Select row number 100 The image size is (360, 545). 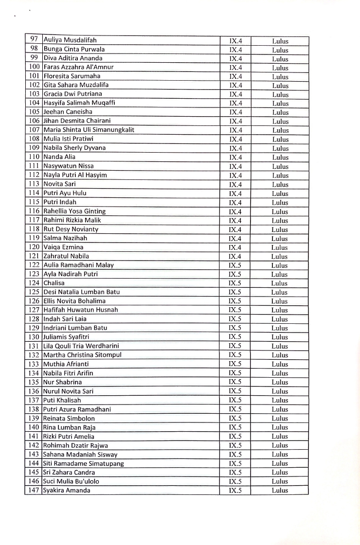(34, 67)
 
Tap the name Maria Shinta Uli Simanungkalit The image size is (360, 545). (89, 130)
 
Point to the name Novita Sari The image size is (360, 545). (59, 184)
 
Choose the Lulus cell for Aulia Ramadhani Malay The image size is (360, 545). (280, 265)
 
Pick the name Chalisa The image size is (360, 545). (54, 283)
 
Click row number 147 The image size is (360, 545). (34, 490)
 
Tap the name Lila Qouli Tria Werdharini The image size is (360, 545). (81, 346)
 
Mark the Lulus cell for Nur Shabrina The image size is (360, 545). (280, 382)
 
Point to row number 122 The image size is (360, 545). (34, 265)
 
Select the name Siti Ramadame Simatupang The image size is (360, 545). (84, 463)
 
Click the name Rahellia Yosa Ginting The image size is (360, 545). (74, 211)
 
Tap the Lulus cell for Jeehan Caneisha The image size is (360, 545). (280, 112)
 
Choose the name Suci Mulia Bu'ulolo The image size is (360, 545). (72, 481)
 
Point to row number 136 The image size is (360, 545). (34, 391)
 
